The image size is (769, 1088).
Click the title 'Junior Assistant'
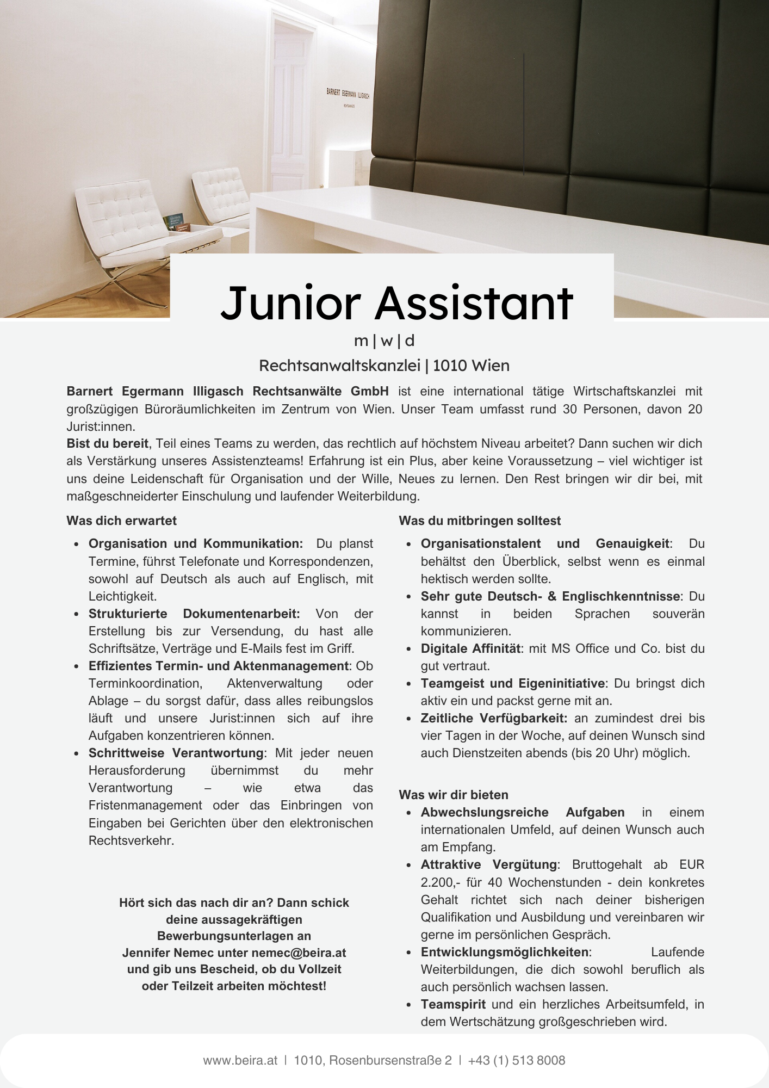pyautogui.click(x=396, y=302)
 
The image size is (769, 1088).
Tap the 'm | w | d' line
pyautogui.click(x=384, y=341)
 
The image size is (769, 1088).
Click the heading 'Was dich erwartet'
pyautogui.click(x=121, y=521)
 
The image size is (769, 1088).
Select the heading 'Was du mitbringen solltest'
pyautogui.click(x=480, y=521)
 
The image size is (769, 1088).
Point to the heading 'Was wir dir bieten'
pyautogui.click(x=453, y=795)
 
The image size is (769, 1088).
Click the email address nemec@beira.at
pyautogui.click(x=299, y=953)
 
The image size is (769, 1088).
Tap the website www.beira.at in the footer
pyautogui.click(x=240, y=1060)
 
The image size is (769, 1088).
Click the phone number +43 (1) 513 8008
pyautogui.click(x=516, y=1060)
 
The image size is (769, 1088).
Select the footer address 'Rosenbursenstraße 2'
pyautogui.click(x=390, y=1060)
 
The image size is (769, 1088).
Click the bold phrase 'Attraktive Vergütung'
pyautogui.click(x=488, y=864)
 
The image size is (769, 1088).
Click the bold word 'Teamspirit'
pyautogui.click(x=453, y=1004)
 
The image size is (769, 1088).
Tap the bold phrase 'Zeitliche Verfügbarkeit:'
pyautogui.click(x=494, y=718)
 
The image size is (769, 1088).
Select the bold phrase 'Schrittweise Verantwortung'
pyautogui.click(x=176, y=753)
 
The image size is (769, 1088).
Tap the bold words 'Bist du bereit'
pyautogui.click(x=107, y=443)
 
